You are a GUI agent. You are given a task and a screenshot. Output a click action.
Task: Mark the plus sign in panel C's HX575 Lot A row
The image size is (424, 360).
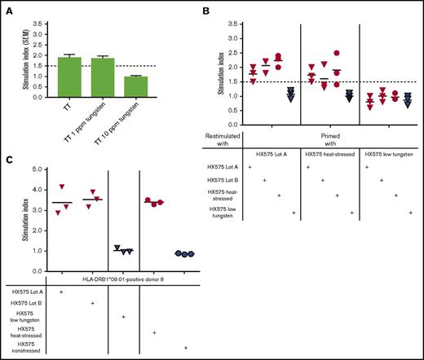coord(61,291)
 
